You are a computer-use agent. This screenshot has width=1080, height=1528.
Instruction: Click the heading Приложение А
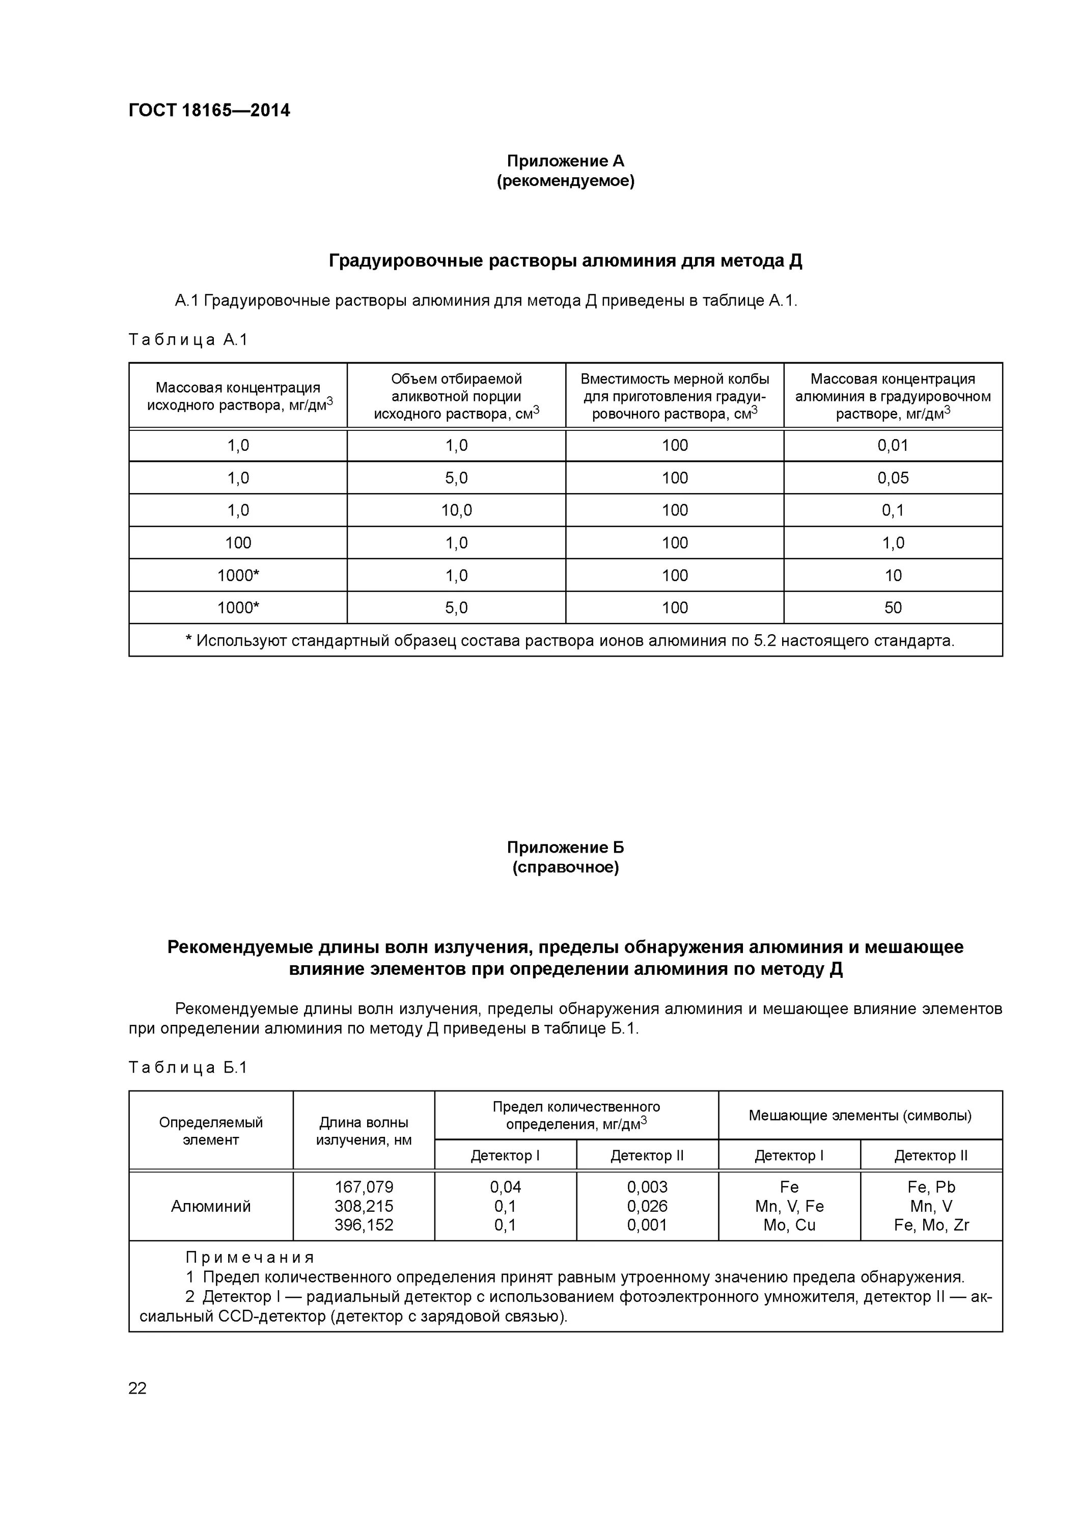click(565, 161)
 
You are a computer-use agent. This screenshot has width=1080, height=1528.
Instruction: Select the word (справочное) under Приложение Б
click(565, 868)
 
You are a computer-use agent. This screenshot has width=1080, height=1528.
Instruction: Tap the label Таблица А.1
click(188, 340)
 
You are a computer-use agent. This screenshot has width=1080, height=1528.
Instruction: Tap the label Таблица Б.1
click(188, 1068)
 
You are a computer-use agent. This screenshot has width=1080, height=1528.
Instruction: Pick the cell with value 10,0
click(456, 510)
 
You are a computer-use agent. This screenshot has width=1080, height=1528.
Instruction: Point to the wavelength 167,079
click(364, 1187)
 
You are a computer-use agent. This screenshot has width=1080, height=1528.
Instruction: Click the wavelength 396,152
click(364, 1225)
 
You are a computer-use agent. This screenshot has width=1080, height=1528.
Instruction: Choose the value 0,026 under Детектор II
click(647, 1206)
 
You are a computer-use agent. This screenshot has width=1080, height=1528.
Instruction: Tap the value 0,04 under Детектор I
click(505, 1187)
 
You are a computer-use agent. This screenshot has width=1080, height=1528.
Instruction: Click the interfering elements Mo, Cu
click(789, 1225)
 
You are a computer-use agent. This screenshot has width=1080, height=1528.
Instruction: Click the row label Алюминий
click(210, 1206)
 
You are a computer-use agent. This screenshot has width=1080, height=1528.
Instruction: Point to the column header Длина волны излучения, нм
click(364, 1131)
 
